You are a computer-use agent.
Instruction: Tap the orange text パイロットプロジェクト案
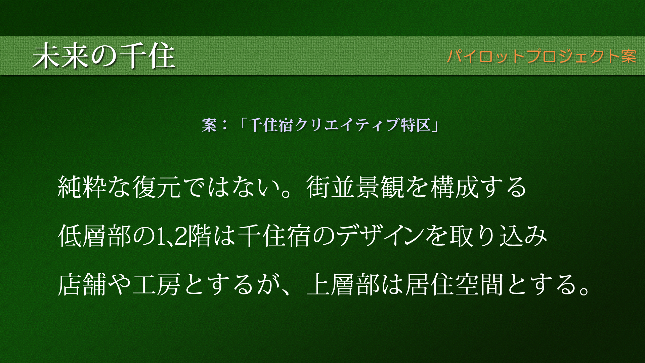[x=542, y=56]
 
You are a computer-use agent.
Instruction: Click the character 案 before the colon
[x=209, y=125]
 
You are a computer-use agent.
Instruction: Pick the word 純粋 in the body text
[x=82, y=187]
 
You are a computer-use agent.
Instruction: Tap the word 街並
[x=331, y=187]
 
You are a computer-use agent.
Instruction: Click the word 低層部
[x=95, y=236]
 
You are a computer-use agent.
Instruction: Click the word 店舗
[x=82, y=284]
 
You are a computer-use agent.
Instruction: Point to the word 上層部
[x=343, y=284]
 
